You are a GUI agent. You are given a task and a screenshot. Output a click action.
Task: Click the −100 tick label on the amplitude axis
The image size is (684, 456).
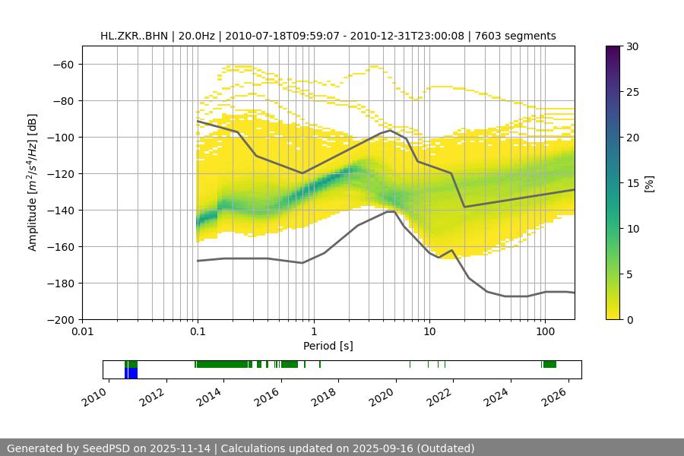pos(62,138)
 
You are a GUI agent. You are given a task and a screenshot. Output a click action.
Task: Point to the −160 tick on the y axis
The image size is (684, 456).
pos(62,247)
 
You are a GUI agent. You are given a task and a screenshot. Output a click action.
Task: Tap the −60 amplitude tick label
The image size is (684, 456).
pos(65,65)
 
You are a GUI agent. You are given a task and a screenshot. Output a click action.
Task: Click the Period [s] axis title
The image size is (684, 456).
pos(328,346)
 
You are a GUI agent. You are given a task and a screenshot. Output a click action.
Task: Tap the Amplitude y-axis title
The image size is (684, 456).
pos(33,182)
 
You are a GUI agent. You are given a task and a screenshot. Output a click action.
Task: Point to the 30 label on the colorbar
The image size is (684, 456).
pos(630,46)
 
